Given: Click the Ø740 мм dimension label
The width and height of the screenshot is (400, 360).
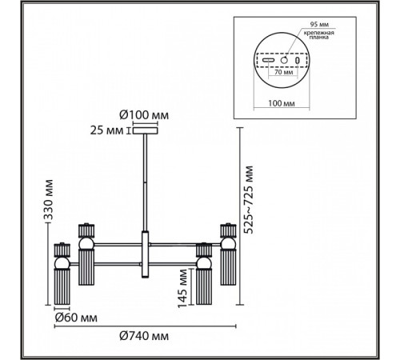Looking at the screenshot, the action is point(144,336).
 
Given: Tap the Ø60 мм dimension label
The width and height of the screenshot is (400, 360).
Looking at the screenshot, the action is point(76,318).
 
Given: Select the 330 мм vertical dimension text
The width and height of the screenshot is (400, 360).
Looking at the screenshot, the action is point(48,200).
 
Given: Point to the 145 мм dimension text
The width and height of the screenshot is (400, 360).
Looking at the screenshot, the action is point(183,288).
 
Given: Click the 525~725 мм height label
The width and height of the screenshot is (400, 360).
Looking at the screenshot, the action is point(249,200).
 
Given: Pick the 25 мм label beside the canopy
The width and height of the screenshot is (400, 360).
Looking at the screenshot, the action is point(106,130).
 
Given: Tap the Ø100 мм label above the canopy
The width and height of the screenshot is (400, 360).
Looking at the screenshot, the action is point(144,115).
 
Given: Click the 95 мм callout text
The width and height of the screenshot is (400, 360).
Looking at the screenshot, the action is point(319,25).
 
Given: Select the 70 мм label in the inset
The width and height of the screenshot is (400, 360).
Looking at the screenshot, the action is point(284,72).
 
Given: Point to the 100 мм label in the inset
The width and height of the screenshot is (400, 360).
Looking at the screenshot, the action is point(282,103).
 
